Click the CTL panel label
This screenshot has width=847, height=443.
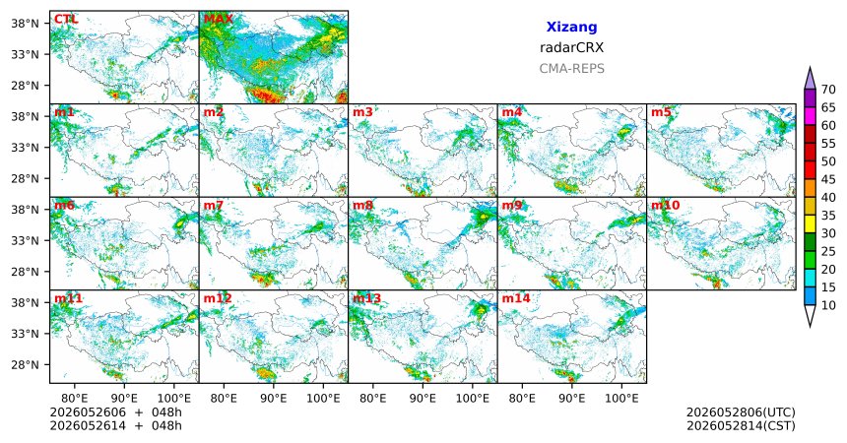pyautogui.click(x=66, y=20)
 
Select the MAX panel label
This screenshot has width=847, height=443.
pyautogui.click(x=219, y=20)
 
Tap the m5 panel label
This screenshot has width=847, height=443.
pyautogui.click(x=661, y=112)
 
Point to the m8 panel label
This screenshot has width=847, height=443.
pyautogui.click(x=363, y=206)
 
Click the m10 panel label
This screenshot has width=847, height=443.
pyautogui.click(x=666, y=206)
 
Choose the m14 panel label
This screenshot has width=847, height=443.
pyautogui.click(x=516, y=298)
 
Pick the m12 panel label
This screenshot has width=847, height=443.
pyautogui.click(x=219, y=298)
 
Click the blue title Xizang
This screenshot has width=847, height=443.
pyautogui.click(x=571, y=27)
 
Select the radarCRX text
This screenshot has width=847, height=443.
pyautogui.click(x=571, y=47)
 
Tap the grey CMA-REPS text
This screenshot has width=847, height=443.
pyautogui.click(x=571, y=69)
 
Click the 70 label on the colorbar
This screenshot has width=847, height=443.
pyautogui.click(x=828, y=90)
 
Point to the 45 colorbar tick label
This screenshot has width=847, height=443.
pyautogui.click(x=828, y=179)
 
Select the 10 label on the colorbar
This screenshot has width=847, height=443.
pyautogui.click(x=828, y=305)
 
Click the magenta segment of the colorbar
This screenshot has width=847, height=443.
pyautogui.click(x=810, y=116)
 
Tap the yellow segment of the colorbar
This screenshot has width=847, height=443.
pyautogui.click(x=810, y=224)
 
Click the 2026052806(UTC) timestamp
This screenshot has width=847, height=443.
pyautogui.click(x=741, y=412)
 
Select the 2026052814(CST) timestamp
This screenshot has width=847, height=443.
pyautogui.click(x=741, y=425)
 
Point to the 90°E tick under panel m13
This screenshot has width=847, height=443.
pyautogui.click(x=423, y=399)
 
